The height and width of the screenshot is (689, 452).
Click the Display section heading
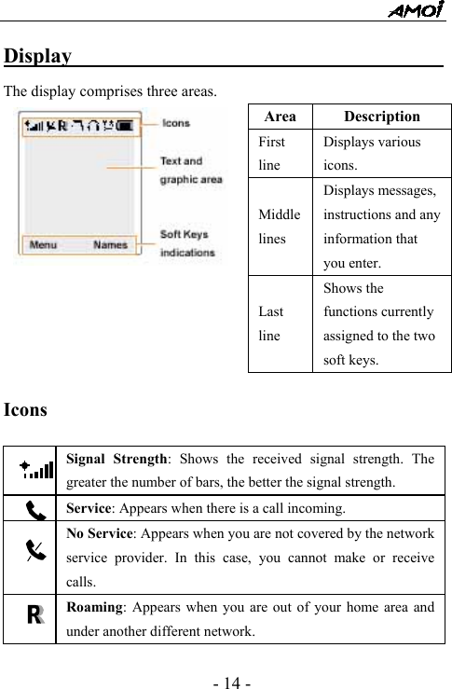[38, 56]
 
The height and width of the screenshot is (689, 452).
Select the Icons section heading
[27, 409]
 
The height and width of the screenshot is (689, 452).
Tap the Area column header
[280, 117]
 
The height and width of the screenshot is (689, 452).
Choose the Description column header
[381, 117]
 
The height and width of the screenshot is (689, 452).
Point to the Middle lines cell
[279, 226]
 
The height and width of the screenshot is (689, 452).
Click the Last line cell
[271, 324]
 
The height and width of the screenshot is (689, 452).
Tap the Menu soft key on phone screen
[43, 245]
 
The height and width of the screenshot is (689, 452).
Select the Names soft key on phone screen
[111, 245]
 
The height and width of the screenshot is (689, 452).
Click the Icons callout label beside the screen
[176, 123]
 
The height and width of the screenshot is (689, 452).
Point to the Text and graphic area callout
[191, 170]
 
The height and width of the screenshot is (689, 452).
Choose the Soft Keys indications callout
[187, 243]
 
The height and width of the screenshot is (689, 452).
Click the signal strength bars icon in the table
[37, 469]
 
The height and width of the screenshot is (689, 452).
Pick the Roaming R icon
[35, 616]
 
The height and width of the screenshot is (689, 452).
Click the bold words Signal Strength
[117, 459]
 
